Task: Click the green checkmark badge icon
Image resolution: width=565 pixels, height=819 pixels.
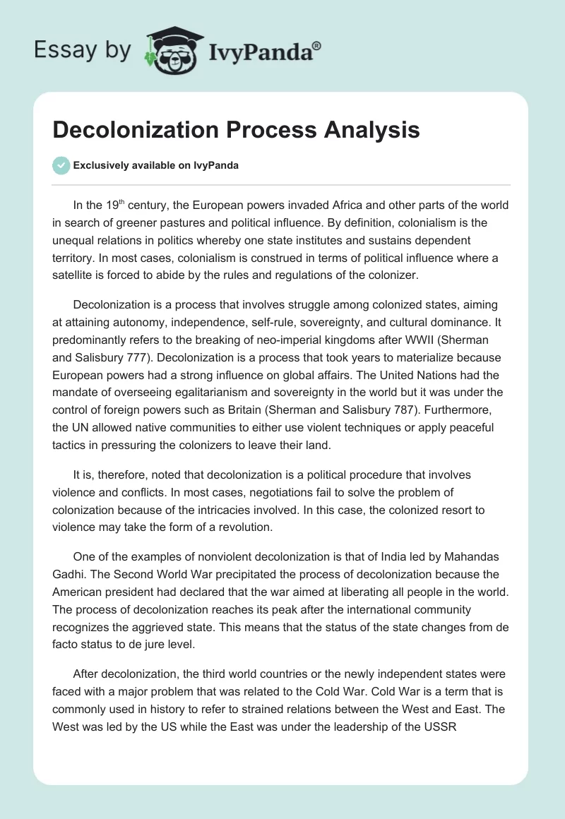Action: click(61, 165)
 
